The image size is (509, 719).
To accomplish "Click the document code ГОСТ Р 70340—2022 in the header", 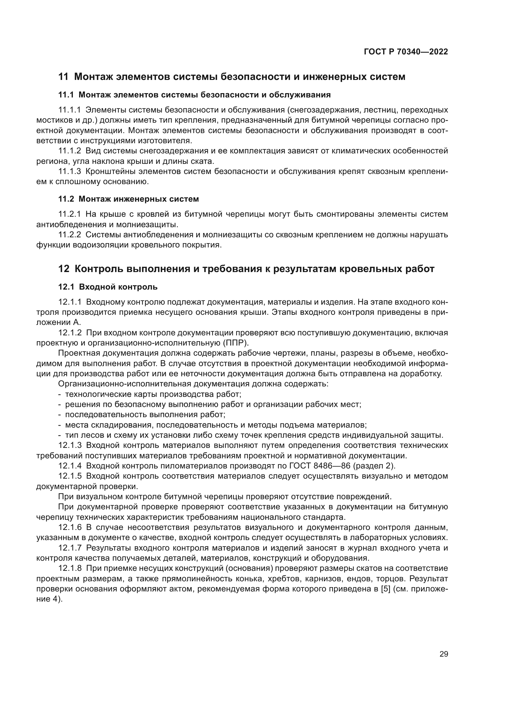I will (x=406, y=52).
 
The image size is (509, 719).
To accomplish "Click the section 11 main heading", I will (x=232, y=77).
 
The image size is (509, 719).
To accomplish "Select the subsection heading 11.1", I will (x=194, y=95).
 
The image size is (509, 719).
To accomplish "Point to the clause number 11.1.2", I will (x=70, y=151).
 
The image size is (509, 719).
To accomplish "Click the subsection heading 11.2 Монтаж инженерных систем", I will (x=129, y=199).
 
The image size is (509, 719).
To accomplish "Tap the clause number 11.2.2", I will (x=70, y=235).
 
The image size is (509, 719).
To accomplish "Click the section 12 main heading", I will (x=246, y=269).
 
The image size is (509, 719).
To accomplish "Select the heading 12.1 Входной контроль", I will (x=108, y=287).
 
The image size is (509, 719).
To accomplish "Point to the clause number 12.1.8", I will (x=70, y=568).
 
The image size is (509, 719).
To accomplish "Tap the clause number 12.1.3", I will (x=70, y=445).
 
